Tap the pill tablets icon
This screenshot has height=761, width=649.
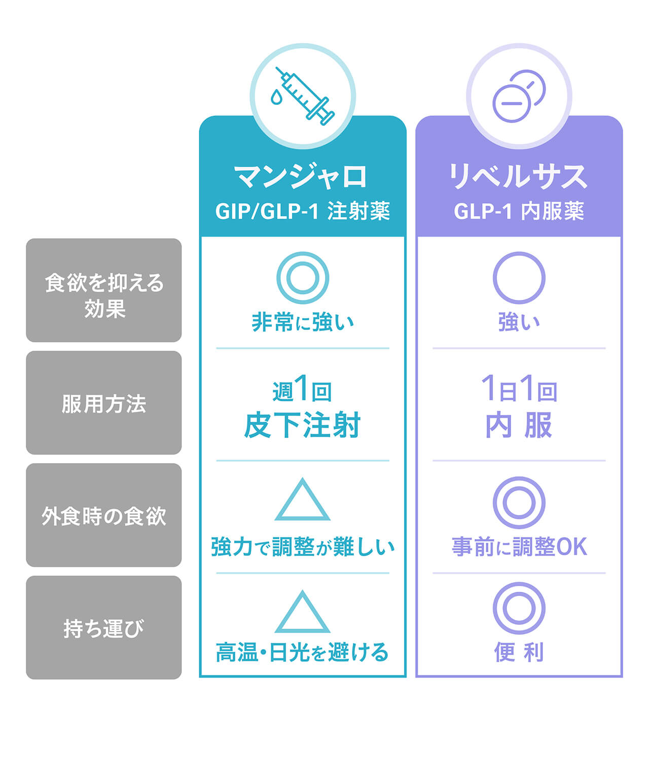coord(519,96)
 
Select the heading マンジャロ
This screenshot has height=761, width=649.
coord(302,176)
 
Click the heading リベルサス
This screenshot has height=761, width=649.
coord(519,176)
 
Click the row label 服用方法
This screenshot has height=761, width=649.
coord(104,404)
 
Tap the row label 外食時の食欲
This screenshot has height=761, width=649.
coord(104,516)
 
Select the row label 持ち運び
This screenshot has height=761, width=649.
coord(104,629)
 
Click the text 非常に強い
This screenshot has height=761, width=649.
coord(302,322)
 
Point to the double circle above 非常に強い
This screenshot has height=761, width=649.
coord(303,278)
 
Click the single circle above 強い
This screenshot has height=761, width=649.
coord(519,278)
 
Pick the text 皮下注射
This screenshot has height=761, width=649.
coord(302,425)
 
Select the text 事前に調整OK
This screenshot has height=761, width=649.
coord(519,547)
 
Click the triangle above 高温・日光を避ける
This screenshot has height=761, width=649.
coord(303,615)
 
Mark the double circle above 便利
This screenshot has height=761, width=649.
coord(519,608)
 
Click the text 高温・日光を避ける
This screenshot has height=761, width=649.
coord(302,653)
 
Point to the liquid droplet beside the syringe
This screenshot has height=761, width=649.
coord(276,97)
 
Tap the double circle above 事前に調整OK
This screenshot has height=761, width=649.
coord(519,503)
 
